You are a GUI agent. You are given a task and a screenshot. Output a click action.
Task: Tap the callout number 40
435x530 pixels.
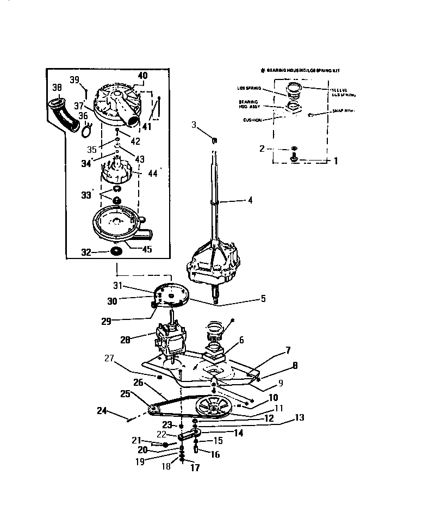point(142,76)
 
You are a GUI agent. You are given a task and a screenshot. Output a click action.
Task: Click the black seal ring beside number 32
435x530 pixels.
point(116,251)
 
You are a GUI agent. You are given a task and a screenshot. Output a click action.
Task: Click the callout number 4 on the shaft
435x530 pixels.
point(250,200)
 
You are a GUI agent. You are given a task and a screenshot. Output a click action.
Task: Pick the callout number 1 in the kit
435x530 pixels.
point(335,161)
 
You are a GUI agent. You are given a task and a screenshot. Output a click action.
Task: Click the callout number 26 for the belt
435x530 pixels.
point(138,383)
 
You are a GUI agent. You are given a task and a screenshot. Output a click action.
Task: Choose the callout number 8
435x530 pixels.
point(295,366)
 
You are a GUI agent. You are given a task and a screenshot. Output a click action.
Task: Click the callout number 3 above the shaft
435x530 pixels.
point(194,126)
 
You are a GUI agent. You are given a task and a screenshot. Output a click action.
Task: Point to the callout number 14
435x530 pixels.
point(238,433)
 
